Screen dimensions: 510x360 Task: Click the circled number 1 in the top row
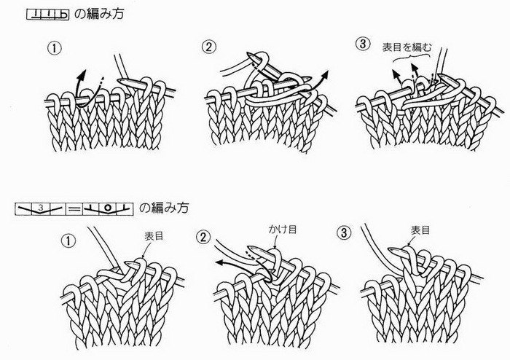pyautogui.click(x=55, y=48)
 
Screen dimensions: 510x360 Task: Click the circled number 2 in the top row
pyautogui.click(x=208, y=47)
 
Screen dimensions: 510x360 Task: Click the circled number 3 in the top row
pyautogui.click(x=363, y=44)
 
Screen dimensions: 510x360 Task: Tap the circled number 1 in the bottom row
pyautogui.click(x=68, y=241)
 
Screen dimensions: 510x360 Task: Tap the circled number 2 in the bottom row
pyautogui.click(x=203, y=237)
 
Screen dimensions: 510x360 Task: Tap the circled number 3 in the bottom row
pyautogui.click(x=344, y=233)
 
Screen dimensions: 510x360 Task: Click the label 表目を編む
pyautogui.click(x=407, y=48)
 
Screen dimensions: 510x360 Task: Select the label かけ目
pyautogui.click(x=283, y=230)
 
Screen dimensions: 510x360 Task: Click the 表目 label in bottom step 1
pyautogui.click(x=154, y=236)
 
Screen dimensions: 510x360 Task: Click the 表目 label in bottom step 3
pyautogui.click(x=420, y=230)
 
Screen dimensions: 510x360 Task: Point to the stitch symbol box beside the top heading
pyautogui.click(x=47, y=15)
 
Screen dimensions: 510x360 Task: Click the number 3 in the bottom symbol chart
pyautogui.click(x=40, y=207)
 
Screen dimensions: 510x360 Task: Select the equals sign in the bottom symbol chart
pyautogui.click(x=74, y=209)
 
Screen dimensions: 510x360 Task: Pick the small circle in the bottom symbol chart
pyautogui.click(x=109, y=208)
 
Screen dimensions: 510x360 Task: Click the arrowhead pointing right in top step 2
pyautogui.click(x=325, y=75)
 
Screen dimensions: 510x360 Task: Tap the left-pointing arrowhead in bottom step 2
pyautogui.click(x=221, y=262)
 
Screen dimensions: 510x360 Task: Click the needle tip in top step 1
pyautogui.click(x=121, y=81)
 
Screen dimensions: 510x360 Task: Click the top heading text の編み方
pyautogui.click(x=99, y=14)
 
